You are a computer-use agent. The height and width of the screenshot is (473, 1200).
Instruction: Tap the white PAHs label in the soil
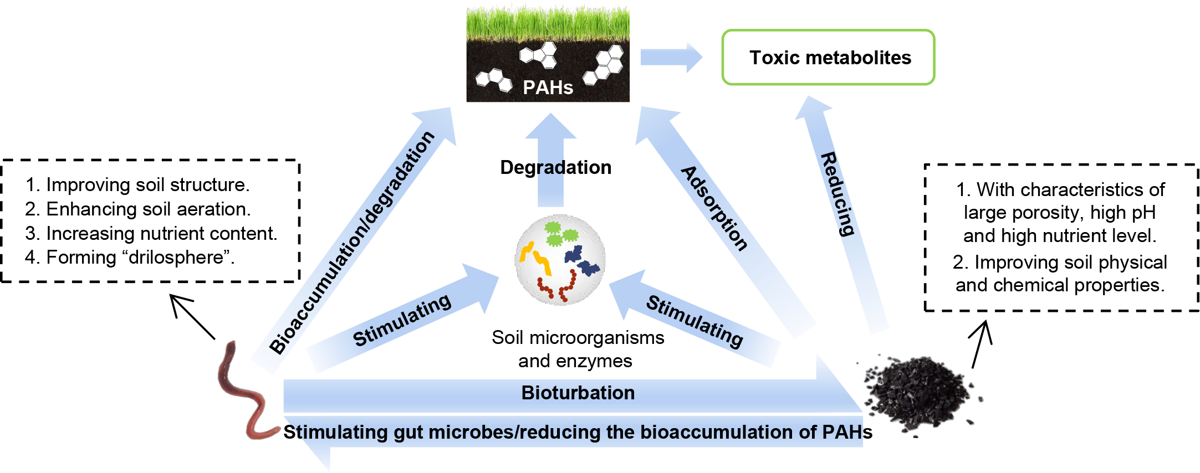click(548, 88)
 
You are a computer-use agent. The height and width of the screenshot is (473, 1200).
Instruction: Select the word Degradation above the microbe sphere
click(555, 167)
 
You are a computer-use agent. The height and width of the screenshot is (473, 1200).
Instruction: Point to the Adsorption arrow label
click(714, 208)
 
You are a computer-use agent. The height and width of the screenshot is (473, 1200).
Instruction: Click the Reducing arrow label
click(838, 194)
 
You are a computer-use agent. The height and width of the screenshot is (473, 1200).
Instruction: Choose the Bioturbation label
click(578, 393)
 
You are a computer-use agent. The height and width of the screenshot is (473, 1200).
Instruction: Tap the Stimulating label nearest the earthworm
click(402, 320)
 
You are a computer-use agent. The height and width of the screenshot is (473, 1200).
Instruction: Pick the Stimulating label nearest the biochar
click(695, 321)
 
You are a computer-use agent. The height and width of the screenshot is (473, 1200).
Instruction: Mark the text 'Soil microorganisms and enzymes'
click(577, 349)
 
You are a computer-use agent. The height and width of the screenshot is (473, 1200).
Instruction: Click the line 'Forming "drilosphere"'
click(130, 258)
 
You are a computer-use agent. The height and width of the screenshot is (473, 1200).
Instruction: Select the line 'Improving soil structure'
click(137, 184)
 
